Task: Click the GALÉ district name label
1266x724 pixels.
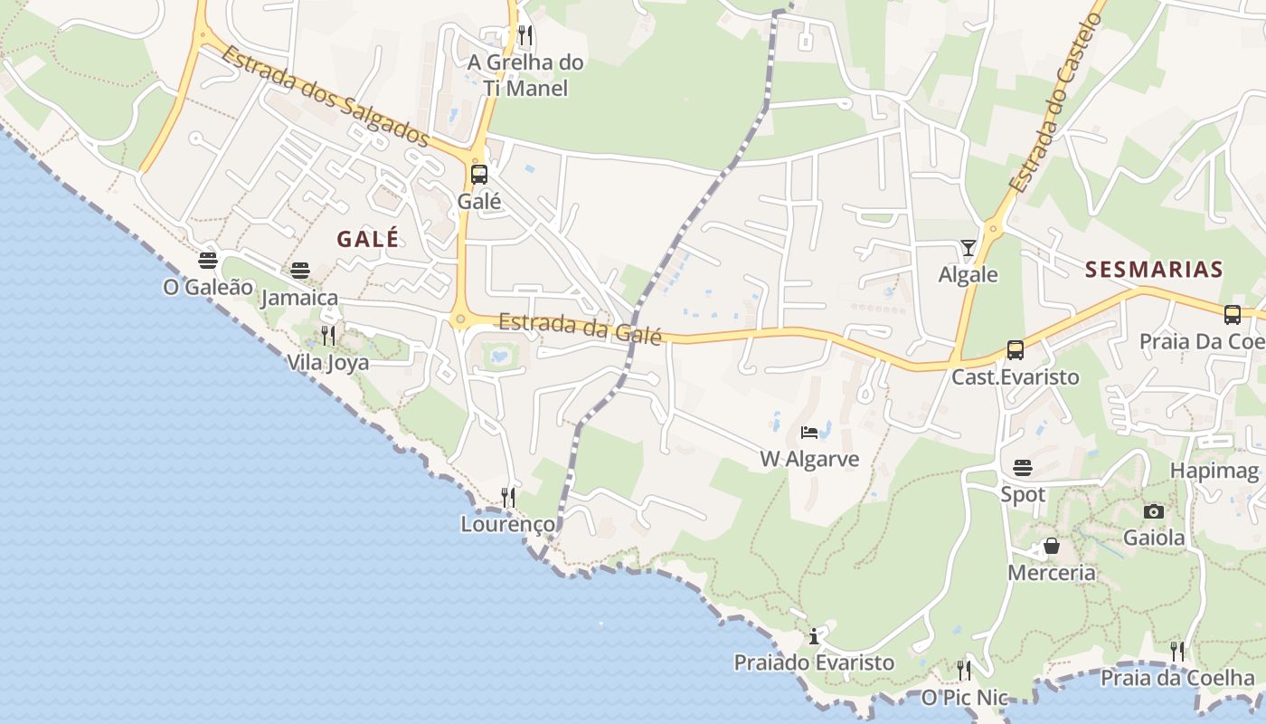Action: [367, 239]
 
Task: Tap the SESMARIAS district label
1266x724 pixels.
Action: [1154, 269]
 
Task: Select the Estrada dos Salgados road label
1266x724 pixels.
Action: [325, 97]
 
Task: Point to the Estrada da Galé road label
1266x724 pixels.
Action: [580, 328]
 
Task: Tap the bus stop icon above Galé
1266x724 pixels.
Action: [479, 175]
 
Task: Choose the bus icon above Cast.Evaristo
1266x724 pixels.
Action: [1016, 350]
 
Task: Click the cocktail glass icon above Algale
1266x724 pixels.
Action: [968, 248]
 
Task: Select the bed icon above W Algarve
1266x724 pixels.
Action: [809, 433]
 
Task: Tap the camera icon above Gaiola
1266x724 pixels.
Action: [1153, 511]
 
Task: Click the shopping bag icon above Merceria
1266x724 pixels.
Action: [1052, 546]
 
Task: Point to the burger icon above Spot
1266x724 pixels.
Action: [1023, 468]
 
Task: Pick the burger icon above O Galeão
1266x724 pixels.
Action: [208, 261]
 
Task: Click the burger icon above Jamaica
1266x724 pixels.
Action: [300, 271]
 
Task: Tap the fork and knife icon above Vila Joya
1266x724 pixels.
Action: [328, 336]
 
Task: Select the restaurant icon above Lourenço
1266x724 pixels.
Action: [508, 497]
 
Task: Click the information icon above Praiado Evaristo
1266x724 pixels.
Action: [814, 636]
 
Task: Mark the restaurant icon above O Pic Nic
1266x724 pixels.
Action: [964, 671]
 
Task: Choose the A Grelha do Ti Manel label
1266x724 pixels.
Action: [525, 75]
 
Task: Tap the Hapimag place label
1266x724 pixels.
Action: [1214, 471]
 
